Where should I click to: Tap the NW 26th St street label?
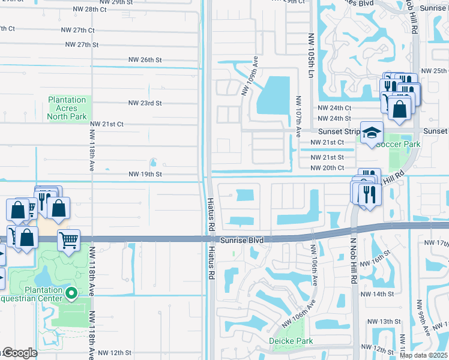(x=145, y=60)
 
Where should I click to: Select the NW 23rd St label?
(x=145, y=103)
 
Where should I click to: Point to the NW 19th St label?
(x=145, y=174)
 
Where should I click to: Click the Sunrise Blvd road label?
(x=242, y=240)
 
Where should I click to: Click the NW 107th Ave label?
(x=298, y=115)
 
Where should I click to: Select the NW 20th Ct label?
(x=327, y=168)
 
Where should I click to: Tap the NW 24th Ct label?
(x=334, y=108)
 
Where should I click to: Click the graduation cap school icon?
(x=372, y=133)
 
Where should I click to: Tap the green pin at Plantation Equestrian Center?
(x=71, y=293)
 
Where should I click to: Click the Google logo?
(x=20, y=353)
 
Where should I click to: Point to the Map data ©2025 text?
(x=423, y=355)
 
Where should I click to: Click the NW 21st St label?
(x=327, y=157)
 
